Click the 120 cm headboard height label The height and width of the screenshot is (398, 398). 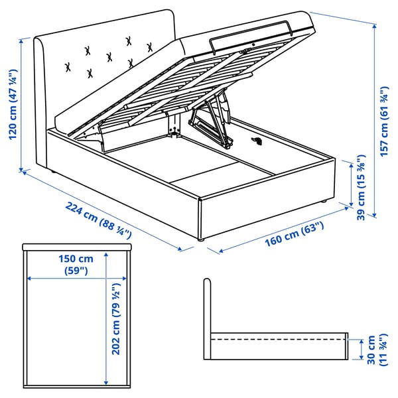(13, 104)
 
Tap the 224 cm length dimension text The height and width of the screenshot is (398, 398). (98, 220)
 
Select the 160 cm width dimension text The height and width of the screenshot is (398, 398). (295, 234)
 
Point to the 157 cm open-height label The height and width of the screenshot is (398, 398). (384, 121)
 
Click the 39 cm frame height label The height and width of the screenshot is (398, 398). (362, 187)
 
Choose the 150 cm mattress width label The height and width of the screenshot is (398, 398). (76, 265)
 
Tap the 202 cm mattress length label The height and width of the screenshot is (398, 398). (116, 318)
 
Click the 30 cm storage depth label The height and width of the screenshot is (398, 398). (377, 350)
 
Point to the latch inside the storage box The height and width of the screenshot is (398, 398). (257, 141)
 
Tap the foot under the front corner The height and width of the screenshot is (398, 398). (201, 239)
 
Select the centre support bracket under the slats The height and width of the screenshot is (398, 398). (174, 125)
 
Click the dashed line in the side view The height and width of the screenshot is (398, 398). (278, 339)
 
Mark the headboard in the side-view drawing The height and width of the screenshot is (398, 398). (207, 319)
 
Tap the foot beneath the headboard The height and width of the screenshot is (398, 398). (53, 172)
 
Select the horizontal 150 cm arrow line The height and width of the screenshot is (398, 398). (76, 279)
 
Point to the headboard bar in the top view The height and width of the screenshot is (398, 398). (77, 247)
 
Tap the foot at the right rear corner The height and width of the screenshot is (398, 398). (323, 202)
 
